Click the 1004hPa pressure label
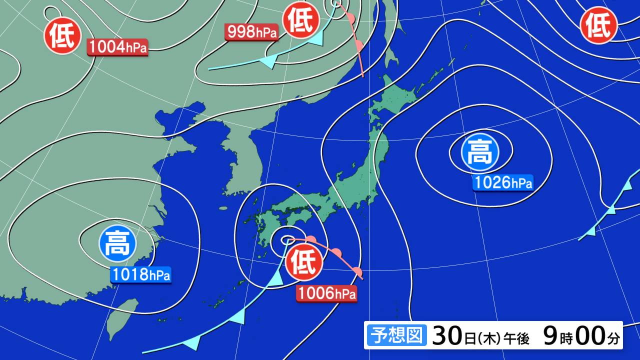tap(118, 47)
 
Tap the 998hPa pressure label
tap(252, 32)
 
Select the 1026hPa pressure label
tap(503, 183)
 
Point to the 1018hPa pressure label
tap(140, 274)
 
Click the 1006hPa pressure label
tap(326, 293)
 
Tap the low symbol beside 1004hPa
tap(63, 35)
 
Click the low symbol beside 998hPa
tap(301, 21)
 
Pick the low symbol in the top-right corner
tap(598, 25)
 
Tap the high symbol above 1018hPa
tap(117, 244)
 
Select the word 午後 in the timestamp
tap(516, 338)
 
